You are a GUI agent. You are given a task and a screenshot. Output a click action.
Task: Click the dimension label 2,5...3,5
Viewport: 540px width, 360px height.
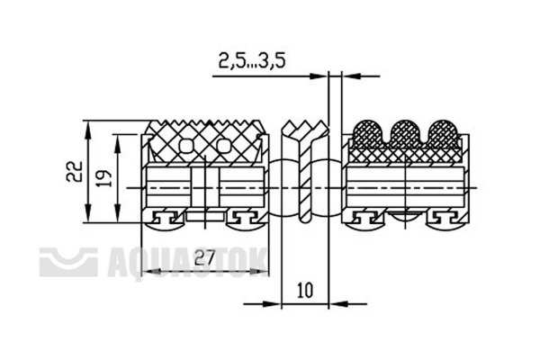point(252,61)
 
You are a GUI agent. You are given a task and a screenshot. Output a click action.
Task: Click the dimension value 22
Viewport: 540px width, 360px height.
point(75,171)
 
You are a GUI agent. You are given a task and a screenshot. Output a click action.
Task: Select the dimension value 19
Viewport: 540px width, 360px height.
point(104,178)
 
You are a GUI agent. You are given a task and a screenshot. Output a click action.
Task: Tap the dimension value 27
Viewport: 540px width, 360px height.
point(204,257)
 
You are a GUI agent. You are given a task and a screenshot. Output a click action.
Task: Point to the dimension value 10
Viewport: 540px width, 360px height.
point(305,290)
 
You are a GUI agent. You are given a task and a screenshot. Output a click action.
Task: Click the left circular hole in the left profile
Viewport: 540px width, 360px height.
point(186,147)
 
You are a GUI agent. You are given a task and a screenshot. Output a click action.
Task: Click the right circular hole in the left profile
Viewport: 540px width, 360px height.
point(224,147)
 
